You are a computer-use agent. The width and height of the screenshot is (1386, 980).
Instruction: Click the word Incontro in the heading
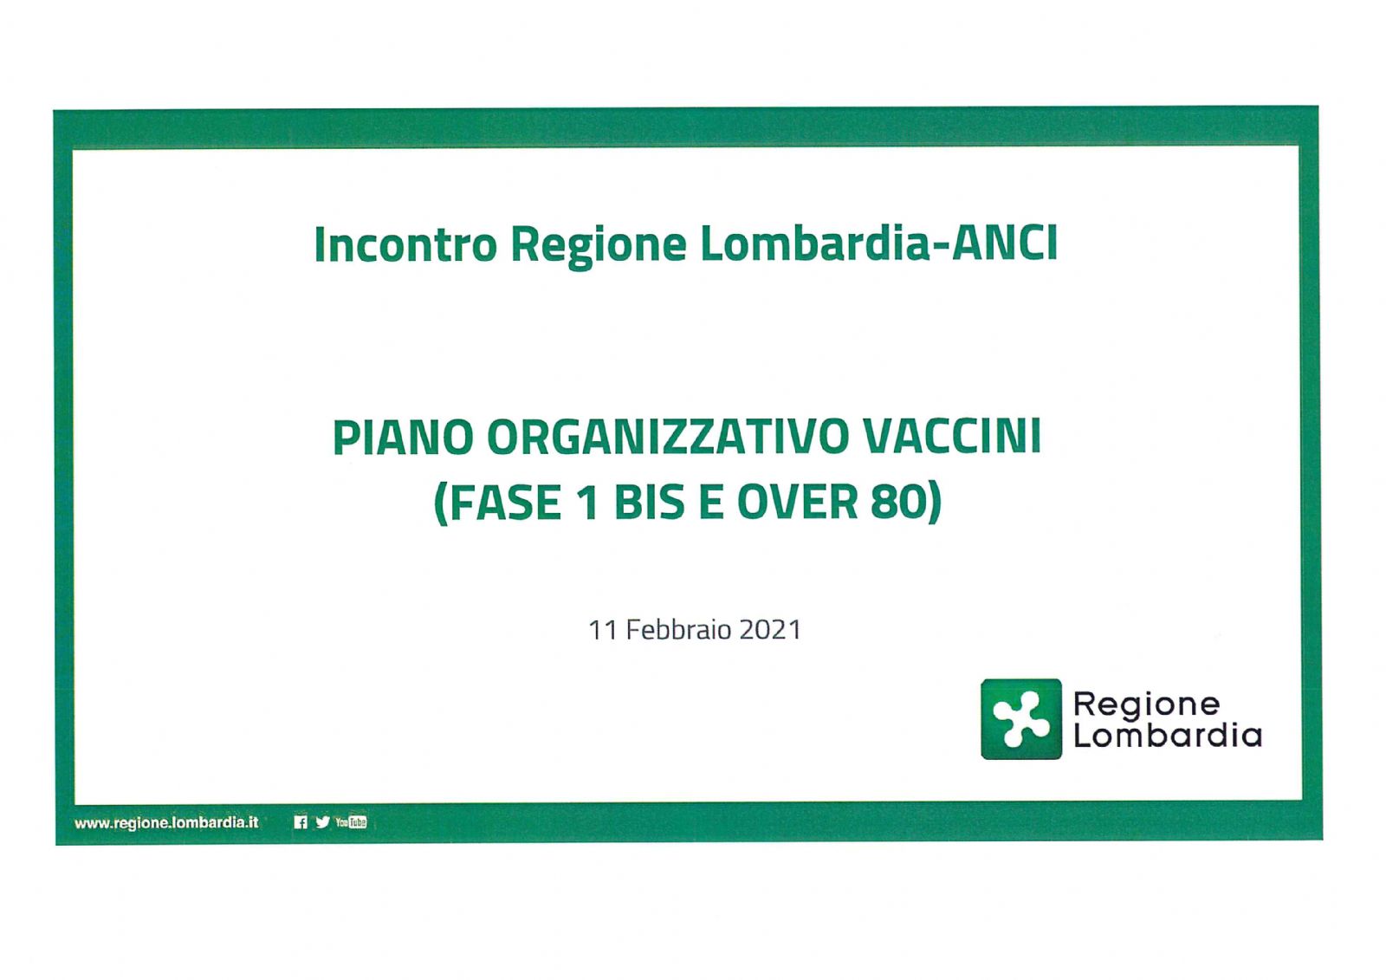(405, 243)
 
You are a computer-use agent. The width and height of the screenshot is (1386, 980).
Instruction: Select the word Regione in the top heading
(599, 247)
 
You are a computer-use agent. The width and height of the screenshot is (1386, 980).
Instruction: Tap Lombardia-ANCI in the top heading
(878, 243)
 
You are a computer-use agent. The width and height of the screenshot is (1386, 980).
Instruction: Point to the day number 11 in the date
(602, 630)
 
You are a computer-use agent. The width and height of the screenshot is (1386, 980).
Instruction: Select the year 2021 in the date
(770, 630)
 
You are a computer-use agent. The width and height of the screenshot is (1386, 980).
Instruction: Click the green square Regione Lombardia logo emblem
(1021, 719)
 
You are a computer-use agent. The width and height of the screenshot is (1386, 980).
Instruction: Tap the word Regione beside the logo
(1147, 705)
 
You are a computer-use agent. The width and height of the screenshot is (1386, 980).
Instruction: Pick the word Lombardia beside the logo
(1168, 736)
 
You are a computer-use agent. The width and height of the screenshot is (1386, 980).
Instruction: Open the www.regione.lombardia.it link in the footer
(165, 823)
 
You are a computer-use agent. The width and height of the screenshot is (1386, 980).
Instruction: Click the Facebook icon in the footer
(301, 822)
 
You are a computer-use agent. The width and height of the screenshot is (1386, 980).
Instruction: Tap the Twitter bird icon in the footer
(322, 822)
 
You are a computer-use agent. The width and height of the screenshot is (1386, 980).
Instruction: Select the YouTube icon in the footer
(351, 822)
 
